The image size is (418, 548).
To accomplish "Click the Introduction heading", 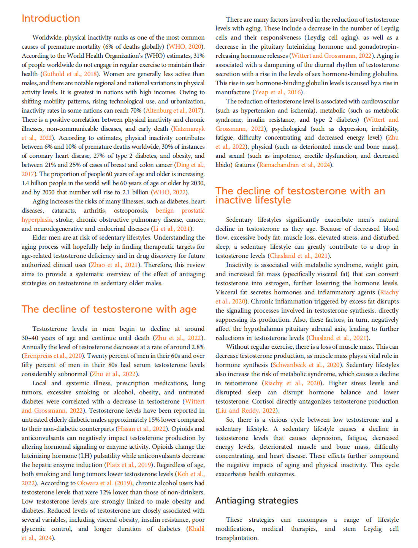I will pyautogui.click(x=51, y=18).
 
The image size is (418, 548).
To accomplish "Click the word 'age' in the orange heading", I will pyautogui.click(x=188, y=310).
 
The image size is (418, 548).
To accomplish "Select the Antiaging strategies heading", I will pyautogui.click(x=256, y=501).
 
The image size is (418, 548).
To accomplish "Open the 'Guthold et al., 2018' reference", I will pyautogui.click(x=70, y=74).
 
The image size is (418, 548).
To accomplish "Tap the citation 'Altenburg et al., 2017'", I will pyautogui.click(x=174, y=111).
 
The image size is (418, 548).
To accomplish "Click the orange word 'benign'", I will pyautogui.click(x=165, y=211).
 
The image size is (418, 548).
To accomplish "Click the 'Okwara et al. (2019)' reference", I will pyautogui.click(x=104, y=483).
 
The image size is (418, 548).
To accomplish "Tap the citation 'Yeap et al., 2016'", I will pyautogui.click(x=278, y=92).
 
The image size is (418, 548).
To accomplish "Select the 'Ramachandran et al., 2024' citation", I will pyautogui.click(x=295, y=165).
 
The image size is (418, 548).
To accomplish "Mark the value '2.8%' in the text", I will pyautogui.click(x=197, y=347).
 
